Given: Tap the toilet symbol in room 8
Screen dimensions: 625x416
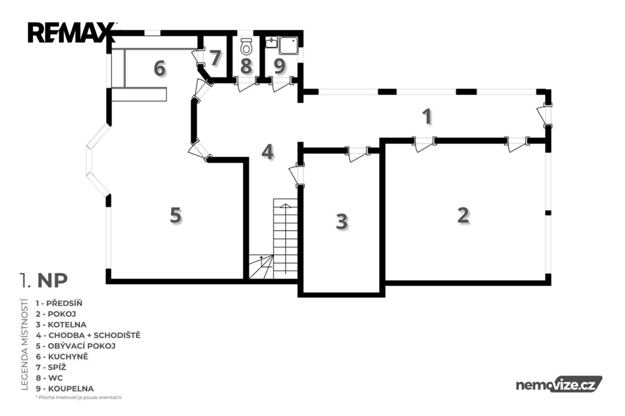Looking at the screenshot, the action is pyautogui.click(x=247, y=46).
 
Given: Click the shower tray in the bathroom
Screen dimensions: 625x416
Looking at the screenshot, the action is pyautogui.click(x=289, y=45).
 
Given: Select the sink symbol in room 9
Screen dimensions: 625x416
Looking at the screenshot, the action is pyautogui.click(x=272, y=43).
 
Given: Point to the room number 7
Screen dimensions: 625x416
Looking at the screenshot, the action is pyautogui.click(x=215, y=58).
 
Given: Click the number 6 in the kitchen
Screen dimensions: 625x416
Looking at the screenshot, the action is pyautogui.click(x=159, y=68).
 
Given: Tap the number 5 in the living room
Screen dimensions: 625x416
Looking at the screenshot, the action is pyautogui.click(x=176, y=215).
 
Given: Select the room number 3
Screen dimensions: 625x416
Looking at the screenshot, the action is pyautogui.click(x=342, y=221).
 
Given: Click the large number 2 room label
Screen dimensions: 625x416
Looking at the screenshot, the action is pyautogui.click(x=463, y=215).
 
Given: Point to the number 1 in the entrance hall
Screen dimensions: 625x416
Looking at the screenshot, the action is pyautogui.click(x=427, y=117).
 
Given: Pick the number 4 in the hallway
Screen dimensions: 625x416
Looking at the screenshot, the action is pyautogui.click(x=267, y=152).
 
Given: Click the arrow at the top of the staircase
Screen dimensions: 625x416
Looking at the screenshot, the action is pyautogui.click(x=286, y=206).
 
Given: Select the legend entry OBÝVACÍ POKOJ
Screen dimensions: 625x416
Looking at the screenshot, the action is pyautogui.click(x=76, y=346).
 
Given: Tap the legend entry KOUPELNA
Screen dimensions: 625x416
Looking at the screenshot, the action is pyautogui.click(x=65, y=389).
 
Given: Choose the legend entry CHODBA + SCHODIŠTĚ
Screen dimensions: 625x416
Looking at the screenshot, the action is pyautogui.click(x=88, y=335).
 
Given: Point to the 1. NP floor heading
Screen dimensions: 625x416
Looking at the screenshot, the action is pyautogui.click(x=44, y=281).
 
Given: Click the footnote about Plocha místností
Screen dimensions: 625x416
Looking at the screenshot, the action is pyautogui.click(x=79, y=397).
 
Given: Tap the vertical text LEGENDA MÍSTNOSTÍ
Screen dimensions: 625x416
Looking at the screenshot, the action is pyautogui.click(x=24, y=344).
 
